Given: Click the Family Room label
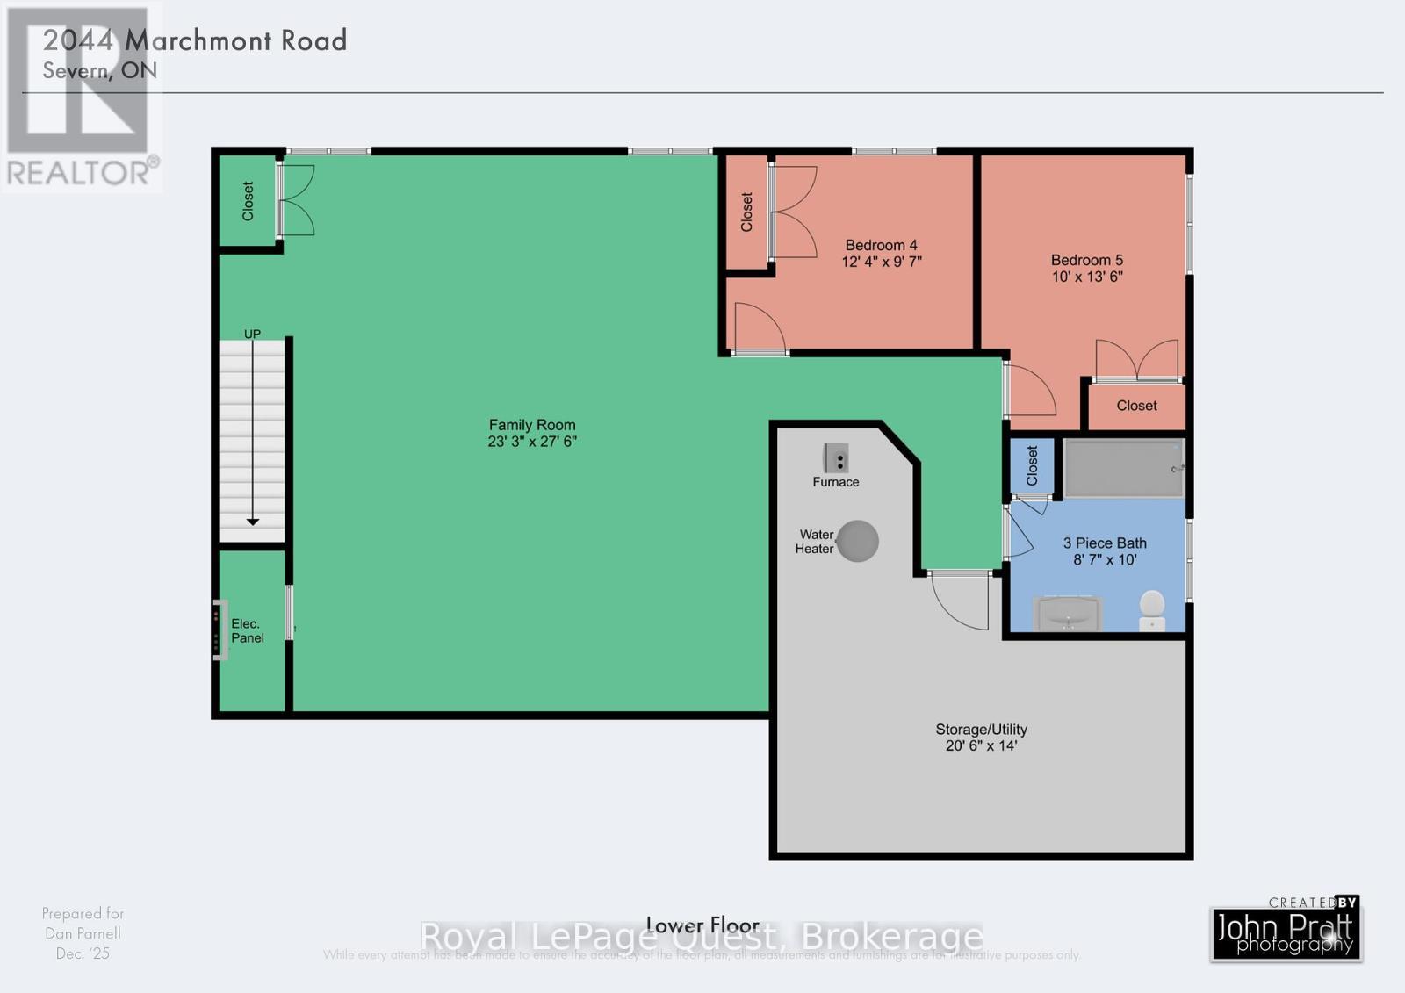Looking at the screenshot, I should click(532, 425).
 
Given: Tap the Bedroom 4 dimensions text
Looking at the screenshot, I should click(881, 262).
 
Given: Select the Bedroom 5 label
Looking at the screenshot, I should click(1086, 260).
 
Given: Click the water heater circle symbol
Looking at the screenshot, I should click(857, 541).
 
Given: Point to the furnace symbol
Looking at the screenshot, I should click(835, 458).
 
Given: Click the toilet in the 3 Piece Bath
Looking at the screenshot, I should click(1152, 608).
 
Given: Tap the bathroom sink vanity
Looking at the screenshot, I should click(1068, 613).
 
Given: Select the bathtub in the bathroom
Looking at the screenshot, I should click(1122, 468).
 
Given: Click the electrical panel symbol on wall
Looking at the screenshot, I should click(220, 630).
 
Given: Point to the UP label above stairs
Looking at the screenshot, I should click(252, 334).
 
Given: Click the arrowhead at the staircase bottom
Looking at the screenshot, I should click(253, 522).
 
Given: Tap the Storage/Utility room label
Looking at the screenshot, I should click(981, 730).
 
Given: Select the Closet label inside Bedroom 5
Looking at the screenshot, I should click(1136, 406).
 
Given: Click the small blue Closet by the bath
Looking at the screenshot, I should click(1032, 465).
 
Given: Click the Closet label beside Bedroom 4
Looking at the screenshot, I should click(746, 212).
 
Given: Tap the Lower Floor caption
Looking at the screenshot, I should click(702, 925).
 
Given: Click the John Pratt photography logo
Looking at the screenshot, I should click(1286, 932).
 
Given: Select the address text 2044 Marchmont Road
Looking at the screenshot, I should click(195, 40).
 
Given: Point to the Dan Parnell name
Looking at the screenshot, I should click(83, 933).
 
